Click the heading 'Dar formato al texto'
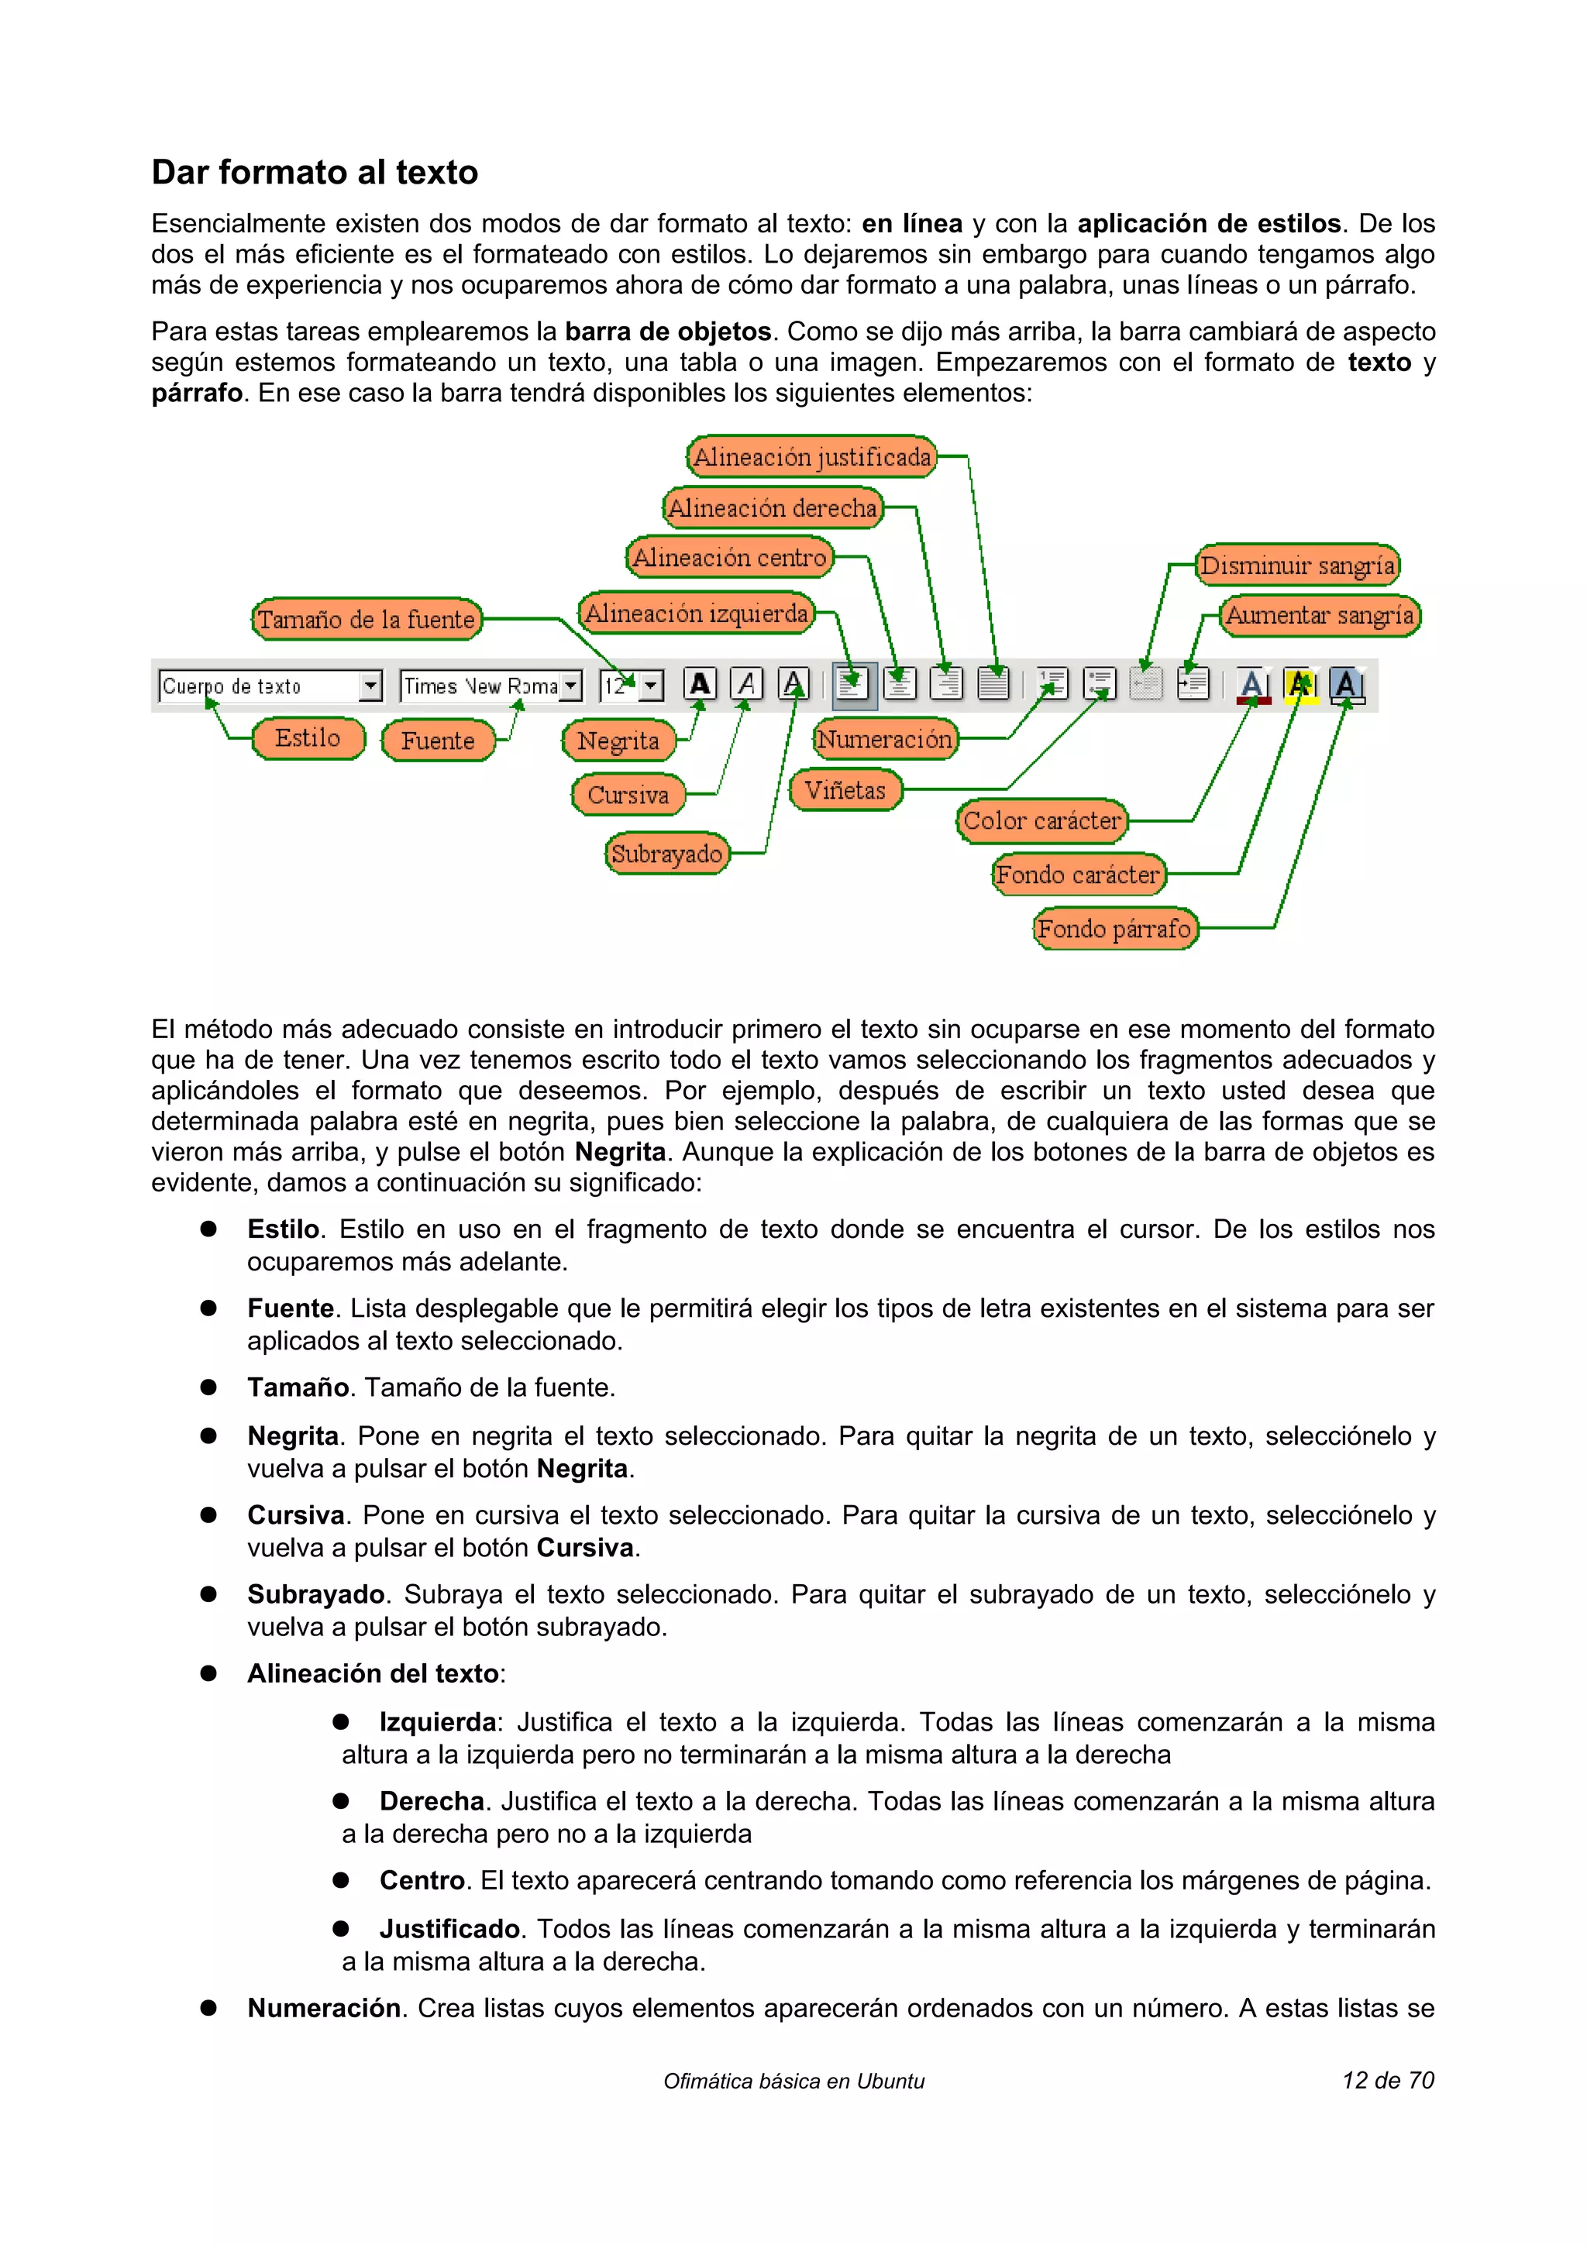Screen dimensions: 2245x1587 [314, 172]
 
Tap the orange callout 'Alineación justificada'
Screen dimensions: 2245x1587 [811, 456]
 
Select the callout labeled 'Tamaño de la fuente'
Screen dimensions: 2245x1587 [366, 619]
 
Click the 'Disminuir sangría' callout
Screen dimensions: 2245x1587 [1296, 566]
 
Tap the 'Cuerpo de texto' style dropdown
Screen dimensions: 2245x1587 [269, 686]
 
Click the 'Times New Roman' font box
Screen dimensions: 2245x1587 [489, 686]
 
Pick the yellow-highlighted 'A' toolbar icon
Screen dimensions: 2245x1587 [1300, 685]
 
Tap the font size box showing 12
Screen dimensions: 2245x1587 [630, 686]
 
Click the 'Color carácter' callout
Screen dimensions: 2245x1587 [1041, 820]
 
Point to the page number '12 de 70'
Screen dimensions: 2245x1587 [1388, 2080]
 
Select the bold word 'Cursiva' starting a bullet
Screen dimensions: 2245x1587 [295, 1514]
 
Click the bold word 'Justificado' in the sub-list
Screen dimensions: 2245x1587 [449, 1928]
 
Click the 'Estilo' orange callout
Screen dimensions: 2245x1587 [307, 738]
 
